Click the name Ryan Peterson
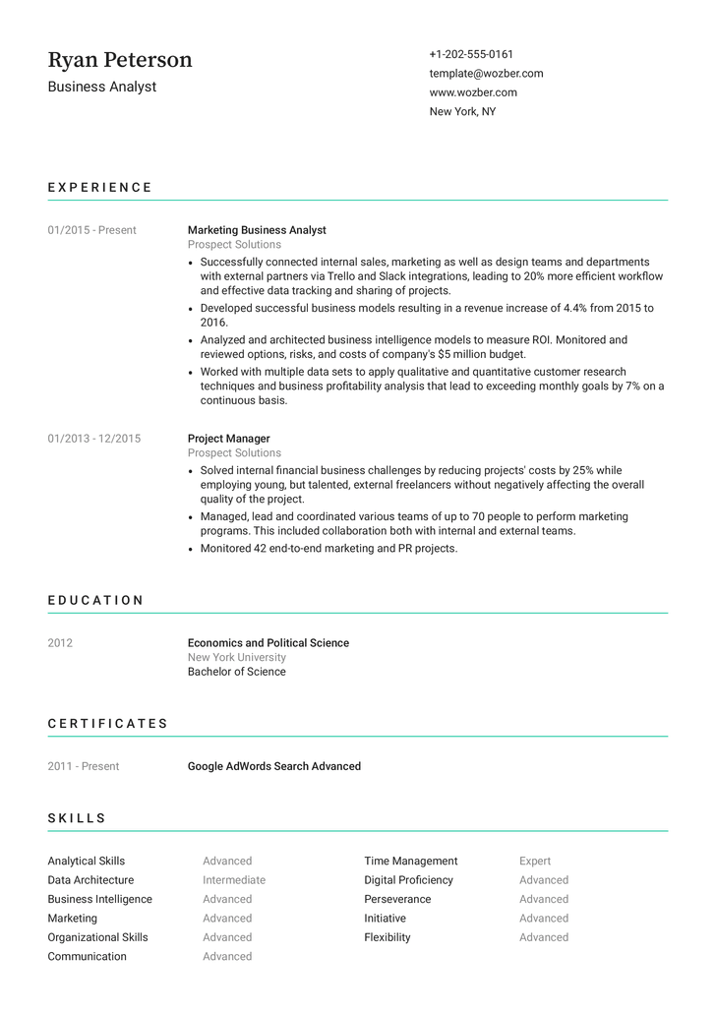point(120,60)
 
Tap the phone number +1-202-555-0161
point(471,54)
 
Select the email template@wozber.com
point(486,74)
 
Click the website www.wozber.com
point(473,92)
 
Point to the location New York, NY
point(462,112)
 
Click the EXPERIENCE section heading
point(100,187)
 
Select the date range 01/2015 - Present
point(91,230)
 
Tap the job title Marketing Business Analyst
point(257,230)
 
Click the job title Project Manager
point(228,439)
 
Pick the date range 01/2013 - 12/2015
point(93,439)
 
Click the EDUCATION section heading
point(95,600)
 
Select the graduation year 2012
point(60,643)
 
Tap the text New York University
point(237,658)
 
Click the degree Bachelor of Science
point(237,673)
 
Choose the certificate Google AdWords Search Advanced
point(274,766)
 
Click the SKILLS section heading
point(77,818)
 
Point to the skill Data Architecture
point(90,880)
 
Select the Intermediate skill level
point(234,880)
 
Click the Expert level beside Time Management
point(535,862)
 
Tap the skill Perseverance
point(397,900)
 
